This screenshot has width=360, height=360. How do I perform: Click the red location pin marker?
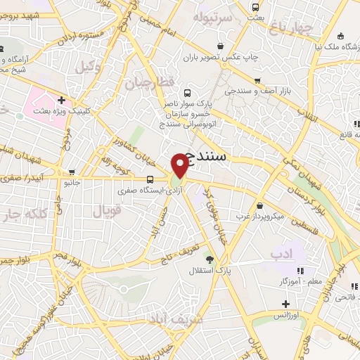click(181, 165)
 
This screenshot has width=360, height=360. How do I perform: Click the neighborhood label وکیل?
click(85, 67)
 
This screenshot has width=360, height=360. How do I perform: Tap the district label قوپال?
click(108, 208)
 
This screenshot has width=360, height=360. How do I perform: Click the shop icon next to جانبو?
click(72, 172)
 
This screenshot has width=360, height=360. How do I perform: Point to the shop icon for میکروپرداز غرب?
click(262, 206)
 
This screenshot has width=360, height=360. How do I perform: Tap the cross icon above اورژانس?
click(285, 304)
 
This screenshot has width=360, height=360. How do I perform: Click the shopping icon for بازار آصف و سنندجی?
click(257, 81)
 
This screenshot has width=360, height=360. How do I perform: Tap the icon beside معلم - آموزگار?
click(301, 270)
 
